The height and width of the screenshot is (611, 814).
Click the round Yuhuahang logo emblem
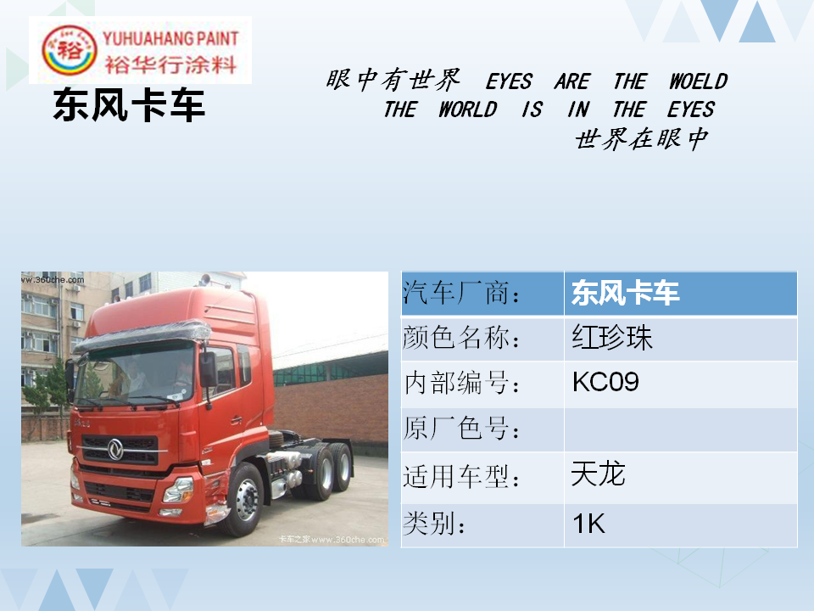(x=69, y=50)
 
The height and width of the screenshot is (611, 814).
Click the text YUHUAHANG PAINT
(x=170, y=38)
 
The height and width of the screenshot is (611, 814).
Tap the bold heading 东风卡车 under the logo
(x=129, y=105)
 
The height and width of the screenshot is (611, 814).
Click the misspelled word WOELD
(x=698, y=81)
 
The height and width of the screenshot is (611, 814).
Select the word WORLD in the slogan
(x=468, y=109)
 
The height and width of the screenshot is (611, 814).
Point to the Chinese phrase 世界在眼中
(x=642, y=139)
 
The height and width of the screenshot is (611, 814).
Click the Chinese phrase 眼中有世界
(x=393, y=80)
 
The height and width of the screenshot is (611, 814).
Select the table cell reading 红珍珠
(x=612, y=338)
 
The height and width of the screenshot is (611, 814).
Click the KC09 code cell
(x=605, y=382)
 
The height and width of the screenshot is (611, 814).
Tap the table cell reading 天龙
(x=598, y=474)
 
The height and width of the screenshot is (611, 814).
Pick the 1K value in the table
(x=588, y=524)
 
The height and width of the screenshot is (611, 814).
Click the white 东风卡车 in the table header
(x=625, y=293)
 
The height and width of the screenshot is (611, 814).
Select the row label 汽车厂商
(x=461, y=293)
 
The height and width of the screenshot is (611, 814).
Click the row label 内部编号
(x=462, y=384)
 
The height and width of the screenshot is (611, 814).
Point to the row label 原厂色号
(x=461, y=429)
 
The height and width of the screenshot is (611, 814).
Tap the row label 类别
(x=434, y=524)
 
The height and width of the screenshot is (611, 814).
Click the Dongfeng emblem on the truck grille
(x=115, y=450)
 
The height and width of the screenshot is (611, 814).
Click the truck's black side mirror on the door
(x=209, y=370)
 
